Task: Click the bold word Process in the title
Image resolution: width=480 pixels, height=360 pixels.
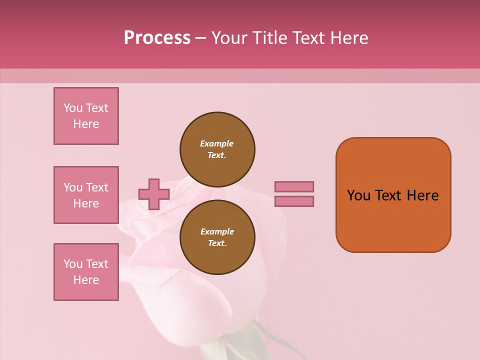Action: pos(157,38)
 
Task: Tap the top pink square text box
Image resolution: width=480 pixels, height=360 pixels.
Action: pos(86,116)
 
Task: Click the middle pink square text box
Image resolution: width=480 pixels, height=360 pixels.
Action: pos(86,195)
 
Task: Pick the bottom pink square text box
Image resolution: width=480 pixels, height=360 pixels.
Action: pos(86,272)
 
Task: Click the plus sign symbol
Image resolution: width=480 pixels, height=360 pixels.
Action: pos(153,194)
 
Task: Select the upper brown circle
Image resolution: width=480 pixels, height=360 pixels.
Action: pos(217,149)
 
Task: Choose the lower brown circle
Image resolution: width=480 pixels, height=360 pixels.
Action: pos(217,237)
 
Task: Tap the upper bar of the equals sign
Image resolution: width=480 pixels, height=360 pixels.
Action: pos(294,186)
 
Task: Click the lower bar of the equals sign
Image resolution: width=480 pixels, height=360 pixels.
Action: pos(294,201)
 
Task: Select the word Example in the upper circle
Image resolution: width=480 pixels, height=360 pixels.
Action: pos(217,143)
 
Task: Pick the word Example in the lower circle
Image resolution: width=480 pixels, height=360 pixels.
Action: pos(217,231)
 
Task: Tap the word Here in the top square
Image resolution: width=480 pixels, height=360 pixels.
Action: pos(86,124)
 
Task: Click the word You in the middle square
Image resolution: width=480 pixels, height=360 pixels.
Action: pos(72,187)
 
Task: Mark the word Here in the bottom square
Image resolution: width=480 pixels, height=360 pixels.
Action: pos(86,280)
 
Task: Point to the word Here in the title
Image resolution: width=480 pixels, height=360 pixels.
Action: pos(350,38)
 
